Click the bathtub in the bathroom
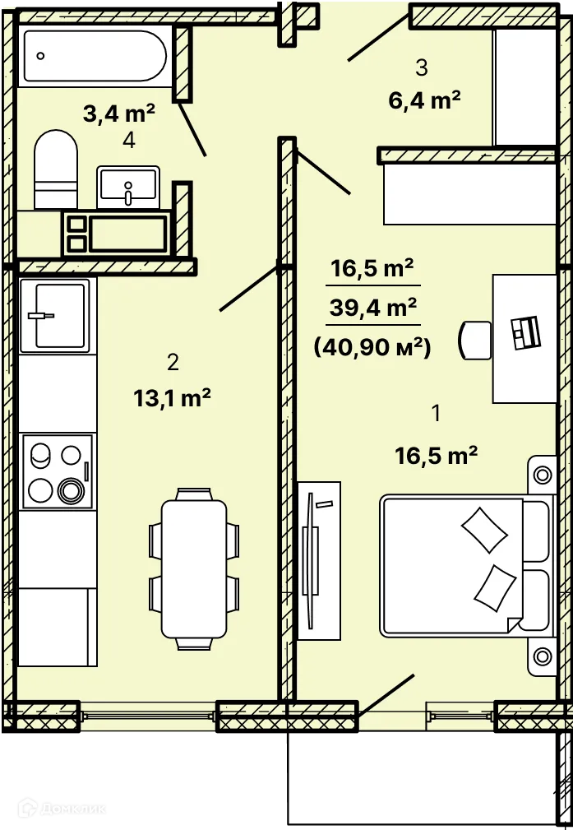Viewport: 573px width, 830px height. (x=95, y=56)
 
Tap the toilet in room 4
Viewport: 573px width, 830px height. (x=56, y=169)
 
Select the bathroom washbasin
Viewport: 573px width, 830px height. (x=128, y=188)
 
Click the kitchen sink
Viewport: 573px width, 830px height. (x=58, y=316)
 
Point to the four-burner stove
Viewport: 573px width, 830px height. (x=58, y=471)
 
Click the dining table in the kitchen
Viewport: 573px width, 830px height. (x=194, y=569)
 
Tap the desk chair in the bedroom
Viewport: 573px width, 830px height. (x=475, y=341)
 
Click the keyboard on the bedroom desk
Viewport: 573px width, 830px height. (x=525, y=332)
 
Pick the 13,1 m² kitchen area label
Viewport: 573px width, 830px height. (x=173, y=398)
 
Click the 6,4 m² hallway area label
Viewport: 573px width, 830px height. (x=424, y=100)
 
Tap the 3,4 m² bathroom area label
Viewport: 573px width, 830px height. (x=119, y=114)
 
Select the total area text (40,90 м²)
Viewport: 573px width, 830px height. (x=372, y=348)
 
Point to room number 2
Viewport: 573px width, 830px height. (x=173, y=363)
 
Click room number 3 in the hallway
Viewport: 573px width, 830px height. (x=422, y=67)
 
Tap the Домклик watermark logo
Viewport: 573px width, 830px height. (x=62, y=809)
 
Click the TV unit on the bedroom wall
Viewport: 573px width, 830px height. (x=318, y=560)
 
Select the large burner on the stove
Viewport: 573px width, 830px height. (x=71, y=491)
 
